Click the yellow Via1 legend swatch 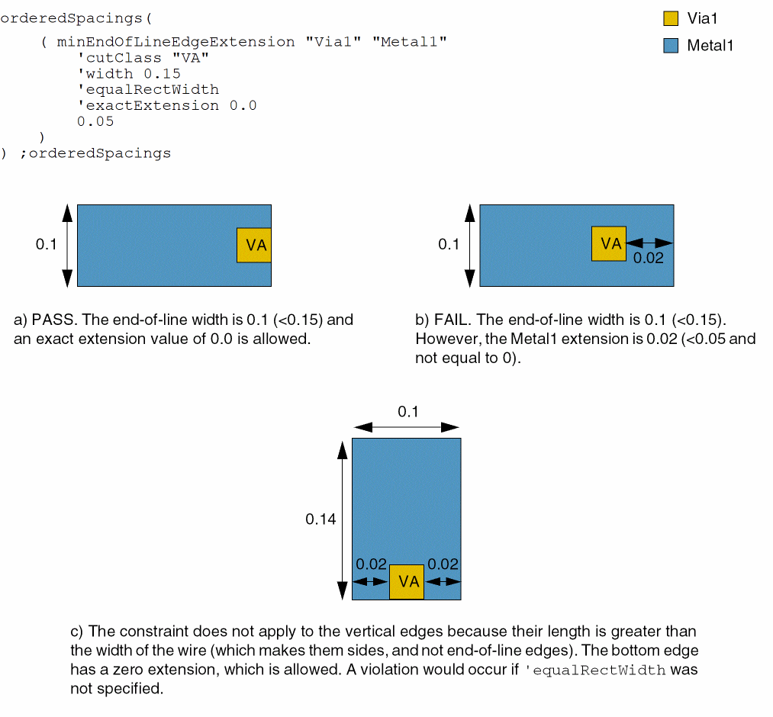[x=671, y=19]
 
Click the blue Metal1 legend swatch [x=671, y=46]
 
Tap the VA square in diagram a [x=254, y=245]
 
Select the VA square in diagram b [x=609, y=243]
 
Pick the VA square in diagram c [x=407, y=582]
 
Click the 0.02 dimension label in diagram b [x=649, y=258]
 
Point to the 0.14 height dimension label [x=320, y=519]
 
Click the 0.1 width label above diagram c [x=408, y=412]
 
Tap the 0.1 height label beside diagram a [x=46, y=245]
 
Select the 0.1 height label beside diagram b [x=449, y=244]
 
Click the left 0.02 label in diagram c [x=372, y=564]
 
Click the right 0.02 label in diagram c [x=443, y=564]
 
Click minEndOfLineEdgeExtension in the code [x=176, y=42]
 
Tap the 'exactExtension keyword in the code [x=148, y=105]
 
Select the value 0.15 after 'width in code [x=162, y=73]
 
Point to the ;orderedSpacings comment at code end [x=95, y=153]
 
